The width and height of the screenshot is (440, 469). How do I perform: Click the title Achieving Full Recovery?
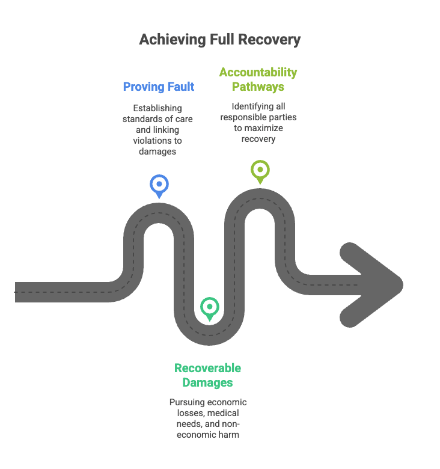(219, 40)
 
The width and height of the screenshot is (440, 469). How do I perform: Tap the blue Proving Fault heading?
(159, 87)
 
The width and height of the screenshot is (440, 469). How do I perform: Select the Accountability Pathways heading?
(258, 79)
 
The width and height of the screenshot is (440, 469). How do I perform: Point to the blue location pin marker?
(159, 185)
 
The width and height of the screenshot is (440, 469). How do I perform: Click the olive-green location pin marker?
(260, 169)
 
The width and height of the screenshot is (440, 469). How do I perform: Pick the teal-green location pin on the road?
(209, 307)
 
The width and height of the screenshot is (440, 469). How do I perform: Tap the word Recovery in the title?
(268, 40)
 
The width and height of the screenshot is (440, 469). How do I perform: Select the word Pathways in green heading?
(258, 87)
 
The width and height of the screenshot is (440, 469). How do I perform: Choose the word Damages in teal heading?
(207, 383)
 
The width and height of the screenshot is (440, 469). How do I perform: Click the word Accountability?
(258, 73)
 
